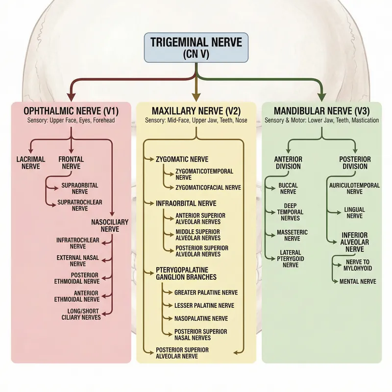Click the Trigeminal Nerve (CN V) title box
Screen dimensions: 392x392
click(196, 48)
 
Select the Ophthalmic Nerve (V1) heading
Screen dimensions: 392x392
click(72, 111)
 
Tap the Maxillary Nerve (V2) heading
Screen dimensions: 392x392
click(196, 111)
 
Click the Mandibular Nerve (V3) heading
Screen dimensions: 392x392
click(321, 111)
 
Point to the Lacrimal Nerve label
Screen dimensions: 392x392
click(30, 163)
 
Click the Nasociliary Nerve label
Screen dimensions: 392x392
click(110, 225)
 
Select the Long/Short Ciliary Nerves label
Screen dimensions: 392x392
click(84, 314)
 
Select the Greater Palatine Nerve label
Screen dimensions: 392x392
click(206, 293)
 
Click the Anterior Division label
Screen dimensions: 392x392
click(288, 163)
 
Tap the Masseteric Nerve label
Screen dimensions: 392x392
click(288, 235)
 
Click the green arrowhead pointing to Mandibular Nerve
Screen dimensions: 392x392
click(321, 96)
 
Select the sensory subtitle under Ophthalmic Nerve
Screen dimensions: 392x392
click(72, 120)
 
